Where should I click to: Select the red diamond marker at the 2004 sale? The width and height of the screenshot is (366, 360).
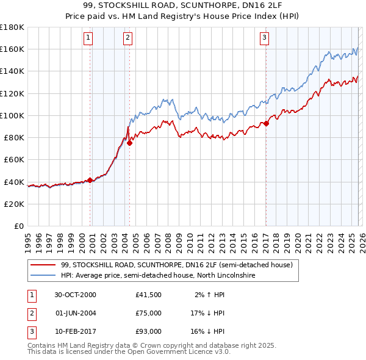pos(129,143)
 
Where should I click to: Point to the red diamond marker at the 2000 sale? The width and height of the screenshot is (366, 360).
pos(90,180)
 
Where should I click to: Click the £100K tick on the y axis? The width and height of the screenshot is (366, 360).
pos(12,115)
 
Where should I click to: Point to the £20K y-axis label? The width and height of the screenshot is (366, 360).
pos(14,204)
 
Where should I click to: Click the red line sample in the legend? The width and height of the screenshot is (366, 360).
pos(43,265)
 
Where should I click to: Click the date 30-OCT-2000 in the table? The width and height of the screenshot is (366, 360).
pos(75,295)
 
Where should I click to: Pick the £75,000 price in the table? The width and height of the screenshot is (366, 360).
pos(149,313)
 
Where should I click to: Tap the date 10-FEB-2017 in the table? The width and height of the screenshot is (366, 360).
pos(75,331)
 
